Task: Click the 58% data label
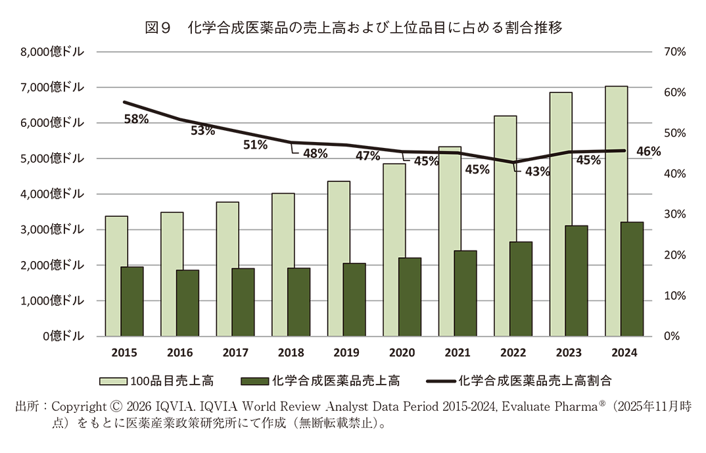click(136, 119)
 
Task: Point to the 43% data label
click(537, 172)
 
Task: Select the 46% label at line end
click(648, 152)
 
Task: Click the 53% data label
click(202, 130)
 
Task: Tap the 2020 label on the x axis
click(402, 353)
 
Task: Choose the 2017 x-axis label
click(235, 353)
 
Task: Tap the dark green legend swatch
click(254, 381)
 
